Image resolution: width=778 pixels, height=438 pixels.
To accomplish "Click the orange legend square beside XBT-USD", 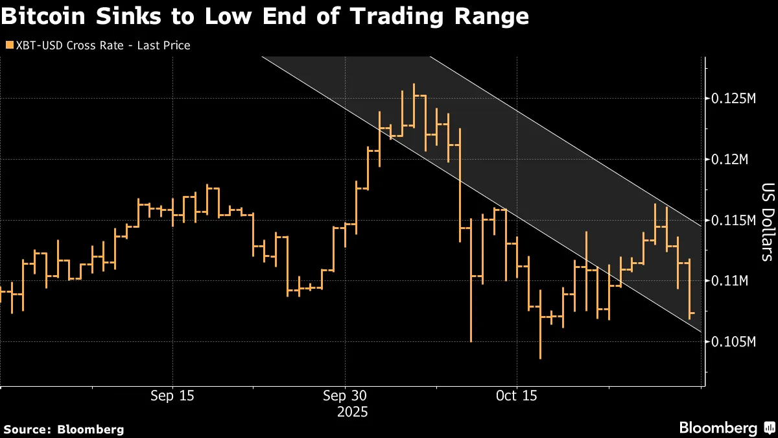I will [8, 45].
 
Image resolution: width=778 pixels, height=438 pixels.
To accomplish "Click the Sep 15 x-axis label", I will [173, 396].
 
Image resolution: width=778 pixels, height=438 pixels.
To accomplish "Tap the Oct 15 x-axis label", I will [517, 396].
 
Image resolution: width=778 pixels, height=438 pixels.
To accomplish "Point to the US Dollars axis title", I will [767, 221].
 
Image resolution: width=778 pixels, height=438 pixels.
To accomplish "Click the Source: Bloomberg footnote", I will [64, 429].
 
